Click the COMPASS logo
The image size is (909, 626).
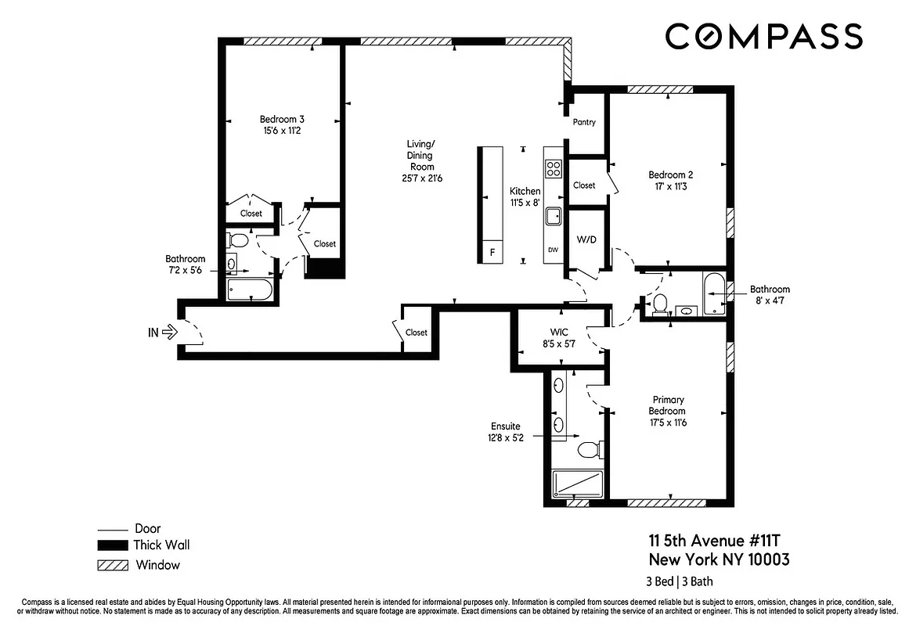764,36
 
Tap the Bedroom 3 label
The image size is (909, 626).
282,120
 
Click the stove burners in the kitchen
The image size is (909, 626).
554,169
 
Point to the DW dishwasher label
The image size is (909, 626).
553,250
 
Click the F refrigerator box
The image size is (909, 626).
492,252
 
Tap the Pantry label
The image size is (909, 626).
584,122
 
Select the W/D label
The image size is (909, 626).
586,239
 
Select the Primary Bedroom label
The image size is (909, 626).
667,405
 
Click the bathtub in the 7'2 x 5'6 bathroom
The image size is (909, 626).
249,291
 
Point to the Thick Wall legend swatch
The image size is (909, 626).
111,545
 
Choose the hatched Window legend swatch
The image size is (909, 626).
111,565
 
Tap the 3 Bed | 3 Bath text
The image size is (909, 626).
679,581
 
